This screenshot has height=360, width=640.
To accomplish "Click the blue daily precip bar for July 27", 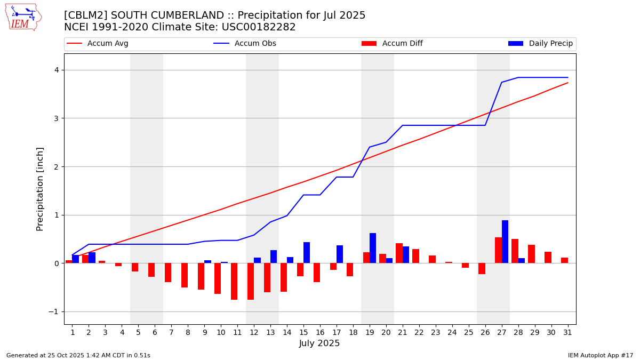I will (x=505, y=242).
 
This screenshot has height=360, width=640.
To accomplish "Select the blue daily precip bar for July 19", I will (x=373, y=248).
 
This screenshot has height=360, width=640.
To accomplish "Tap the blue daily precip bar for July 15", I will (x=307, y=253).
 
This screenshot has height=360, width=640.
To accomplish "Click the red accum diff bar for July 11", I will (x=234, y=281).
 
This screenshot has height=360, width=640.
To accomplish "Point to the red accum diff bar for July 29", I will (x=531, y=254).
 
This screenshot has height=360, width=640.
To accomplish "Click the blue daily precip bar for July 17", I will (x=340, y=254).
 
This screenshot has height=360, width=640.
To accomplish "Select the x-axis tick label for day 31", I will (x=567, y=332).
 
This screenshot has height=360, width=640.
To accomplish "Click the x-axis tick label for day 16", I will (x=320, y=332).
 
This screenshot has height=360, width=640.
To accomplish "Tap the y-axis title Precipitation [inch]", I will (x=41, y=189).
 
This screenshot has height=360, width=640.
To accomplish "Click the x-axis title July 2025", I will (x=319, y=343).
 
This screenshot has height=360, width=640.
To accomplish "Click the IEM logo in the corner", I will (x=23, y=17).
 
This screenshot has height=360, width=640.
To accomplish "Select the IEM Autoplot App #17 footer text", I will (x=601, y=355).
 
